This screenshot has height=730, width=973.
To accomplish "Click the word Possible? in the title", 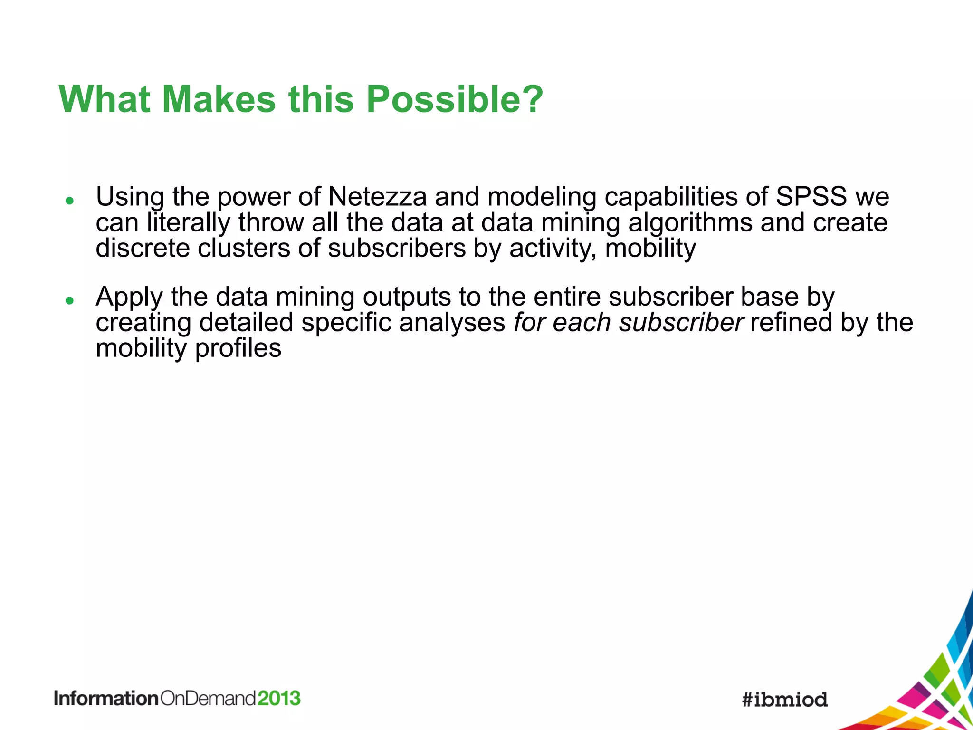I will [x=454, y=99].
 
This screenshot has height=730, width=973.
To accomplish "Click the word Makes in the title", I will [x=219, y=99].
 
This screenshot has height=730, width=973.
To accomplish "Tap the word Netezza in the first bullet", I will [x=378, y=196].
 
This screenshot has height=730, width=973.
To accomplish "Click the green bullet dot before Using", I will [x=70, y=201].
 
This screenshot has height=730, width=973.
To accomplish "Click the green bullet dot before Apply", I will [x=70, y=301].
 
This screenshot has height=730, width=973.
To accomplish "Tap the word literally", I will [x=189, y=223].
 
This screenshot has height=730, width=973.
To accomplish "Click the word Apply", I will [x=129, y=298].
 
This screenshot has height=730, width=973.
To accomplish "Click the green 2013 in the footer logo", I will [x=279, y=698].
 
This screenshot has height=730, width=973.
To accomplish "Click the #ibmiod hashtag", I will [x=785, y=700].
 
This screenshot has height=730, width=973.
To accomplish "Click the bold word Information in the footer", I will [x=106, y=698].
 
